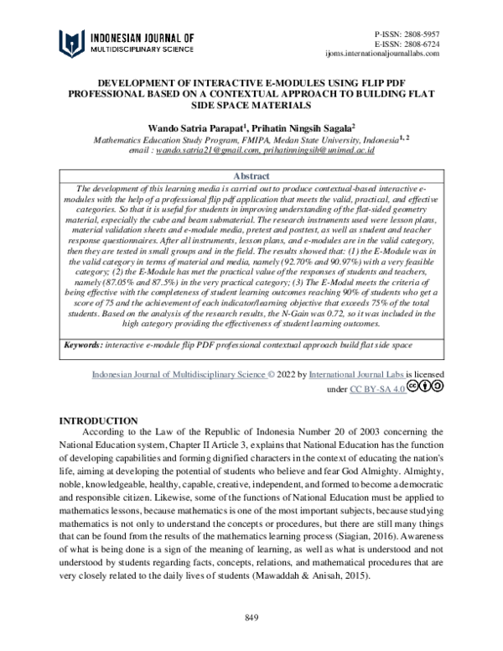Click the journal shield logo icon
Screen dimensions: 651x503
tap(73, 43)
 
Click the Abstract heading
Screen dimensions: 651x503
tap(251, 176)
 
